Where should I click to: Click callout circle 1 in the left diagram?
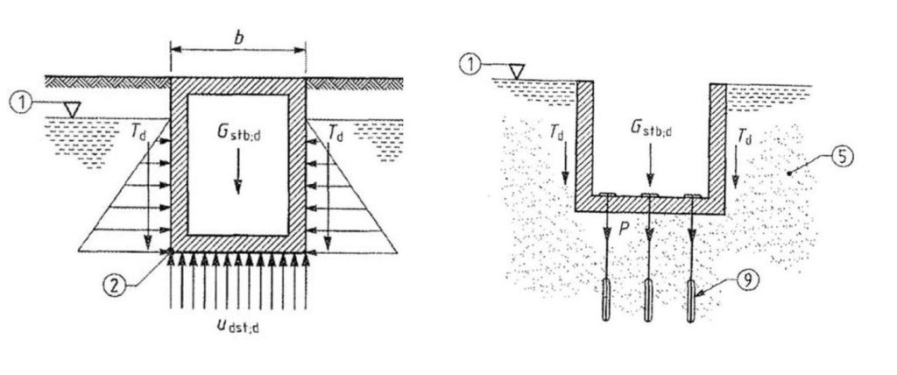21,103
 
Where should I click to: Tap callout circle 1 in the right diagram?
471,64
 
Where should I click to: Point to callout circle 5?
842,156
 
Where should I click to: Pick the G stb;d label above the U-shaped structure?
651,128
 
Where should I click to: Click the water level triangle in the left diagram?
72,110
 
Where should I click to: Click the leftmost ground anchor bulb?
606,300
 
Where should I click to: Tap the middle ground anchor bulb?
648,300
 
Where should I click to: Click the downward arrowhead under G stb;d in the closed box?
237,187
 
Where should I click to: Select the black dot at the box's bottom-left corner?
171,251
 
